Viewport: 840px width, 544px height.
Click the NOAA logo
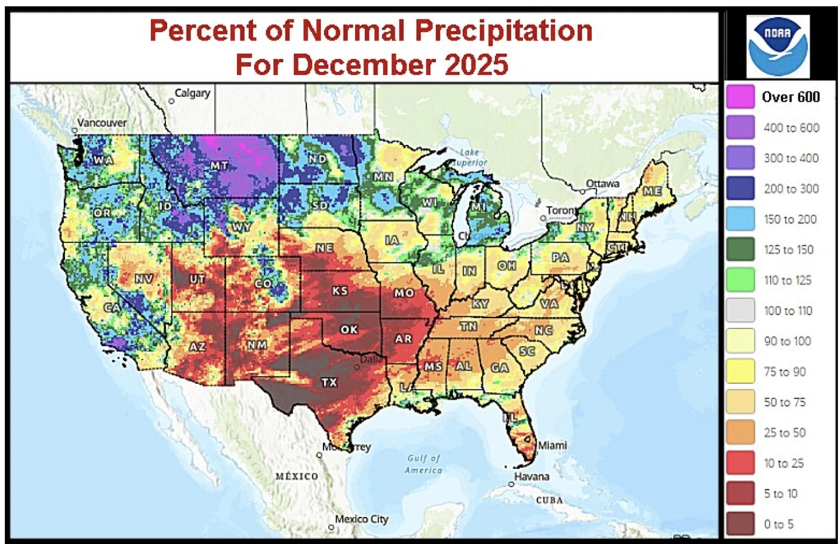tap(778, 46)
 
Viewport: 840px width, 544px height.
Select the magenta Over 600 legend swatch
tap(740, 97)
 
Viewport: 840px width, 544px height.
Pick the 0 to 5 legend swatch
tap(740, 524)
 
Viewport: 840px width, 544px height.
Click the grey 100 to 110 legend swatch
tap(740, 310)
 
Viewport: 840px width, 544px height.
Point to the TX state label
tap(329, 382)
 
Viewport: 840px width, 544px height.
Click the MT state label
tap(219, 166)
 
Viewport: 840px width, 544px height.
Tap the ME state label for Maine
tap(652, 191)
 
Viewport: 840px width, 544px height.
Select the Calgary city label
tap(192, 93)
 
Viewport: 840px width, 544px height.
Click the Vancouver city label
tap(102, 123)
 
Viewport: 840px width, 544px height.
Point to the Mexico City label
tap(361, 519)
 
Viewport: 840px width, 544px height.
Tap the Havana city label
tap(531, 476)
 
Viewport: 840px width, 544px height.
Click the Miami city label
tap(552, 445)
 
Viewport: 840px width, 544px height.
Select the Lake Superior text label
tap(469, 157)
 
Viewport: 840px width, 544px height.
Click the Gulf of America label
tap(424, 464)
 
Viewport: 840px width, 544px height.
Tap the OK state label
tap(349, 329)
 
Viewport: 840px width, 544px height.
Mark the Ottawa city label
tap(602, 184)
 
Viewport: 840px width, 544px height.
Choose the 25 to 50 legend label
tap(785, 433)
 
